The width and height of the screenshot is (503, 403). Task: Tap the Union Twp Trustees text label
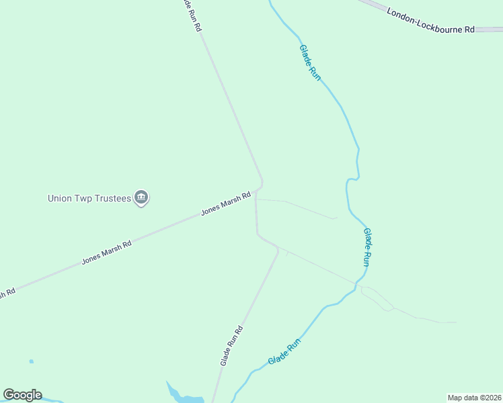point(89,198)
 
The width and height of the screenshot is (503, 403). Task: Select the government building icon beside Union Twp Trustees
point(141,197)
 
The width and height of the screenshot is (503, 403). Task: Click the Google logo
point(22,395)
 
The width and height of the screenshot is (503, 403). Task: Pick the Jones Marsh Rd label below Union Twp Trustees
point(106,253)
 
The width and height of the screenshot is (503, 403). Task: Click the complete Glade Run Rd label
point(231,345)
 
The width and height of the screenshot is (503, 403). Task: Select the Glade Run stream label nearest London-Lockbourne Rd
point(310,62)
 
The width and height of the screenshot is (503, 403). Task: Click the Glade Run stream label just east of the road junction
point(366,247)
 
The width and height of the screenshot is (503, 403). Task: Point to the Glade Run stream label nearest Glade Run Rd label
point(284,352)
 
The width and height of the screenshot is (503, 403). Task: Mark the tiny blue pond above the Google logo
point(32,361)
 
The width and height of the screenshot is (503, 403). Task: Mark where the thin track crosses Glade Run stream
point(355,285)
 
